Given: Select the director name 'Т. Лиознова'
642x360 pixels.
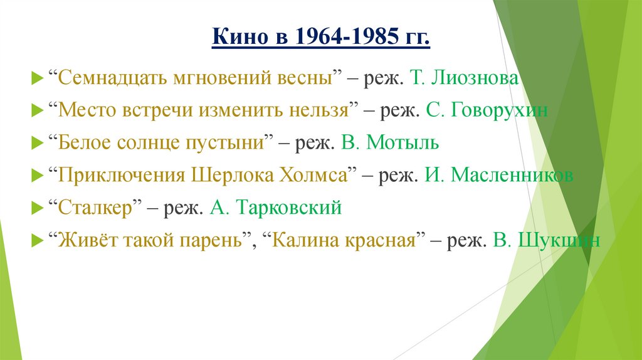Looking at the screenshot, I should click(x=465, y=78).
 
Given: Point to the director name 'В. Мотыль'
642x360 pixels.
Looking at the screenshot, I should click(x=390, y=143).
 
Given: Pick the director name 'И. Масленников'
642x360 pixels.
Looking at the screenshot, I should click(x=498, y=175).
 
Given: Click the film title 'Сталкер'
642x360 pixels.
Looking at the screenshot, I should click(x=97, y=208).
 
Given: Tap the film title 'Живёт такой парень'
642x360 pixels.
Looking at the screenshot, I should click(x=150, y=240).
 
